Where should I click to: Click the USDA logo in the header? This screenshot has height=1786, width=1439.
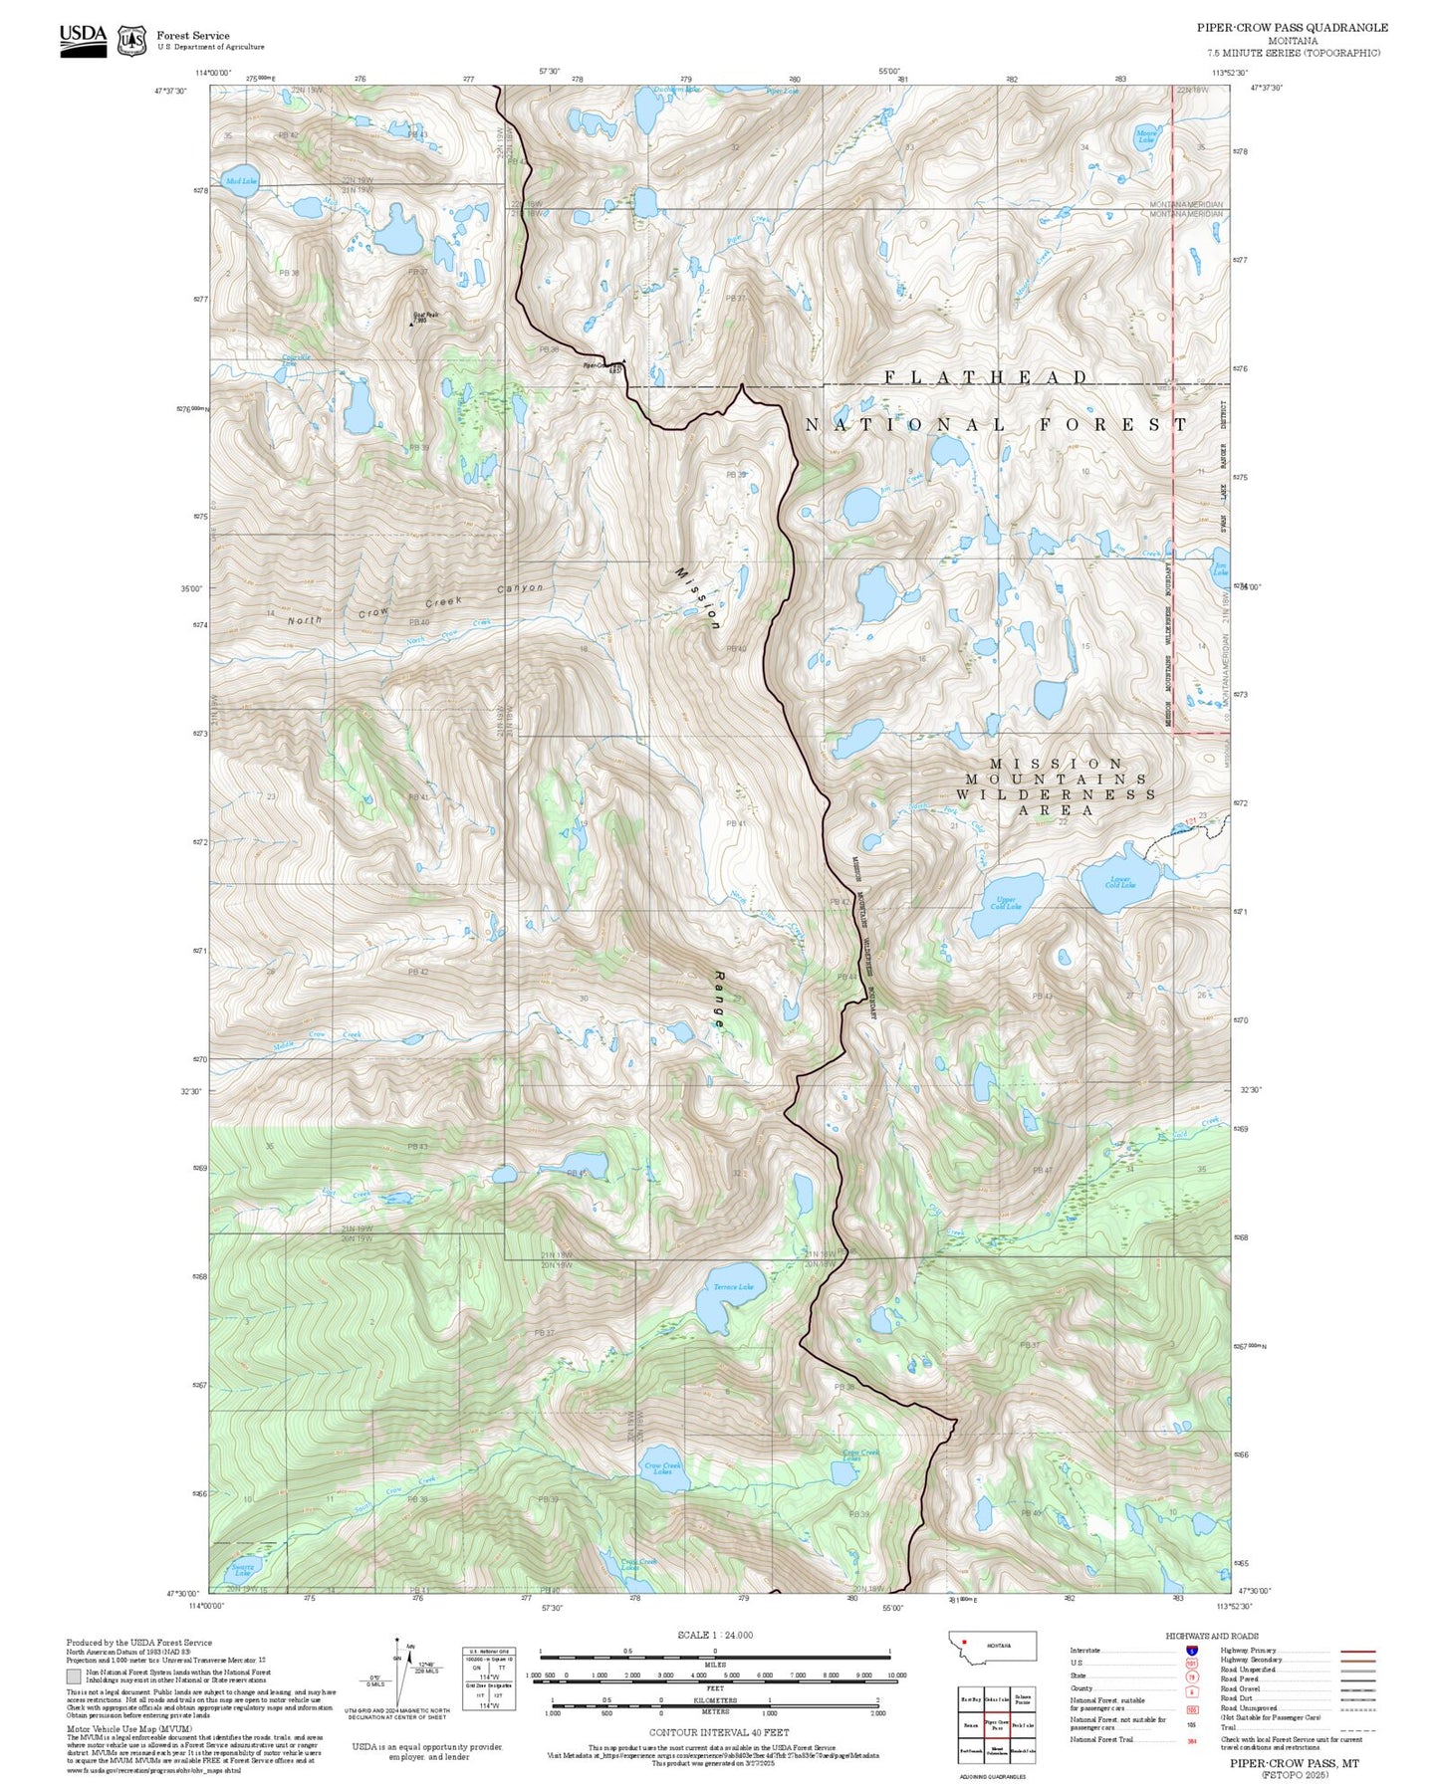[83, 39]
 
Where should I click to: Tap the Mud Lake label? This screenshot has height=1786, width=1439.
[240, 181]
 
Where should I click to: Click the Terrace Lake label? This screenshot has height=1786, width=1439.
[734, 1287]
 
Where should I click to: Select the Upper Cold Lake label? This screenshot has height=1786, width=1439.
[1006, 902]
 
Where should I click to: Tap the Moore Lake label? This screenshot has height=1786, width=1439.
[1146, 136]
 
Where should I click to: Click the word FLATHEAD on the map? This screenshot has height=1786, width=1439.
[986, 377]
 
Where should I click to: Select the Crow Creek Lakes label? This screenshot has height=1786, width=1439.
[662, 1468]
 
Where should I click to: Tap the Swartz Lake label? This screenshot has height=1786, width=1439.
[242, 1571]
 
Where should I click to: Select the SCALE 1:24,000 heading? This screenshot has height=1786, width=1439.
[715, 1635]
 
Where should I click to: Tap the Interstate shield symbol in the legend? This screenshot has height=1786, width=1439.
[1191, 1650]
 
